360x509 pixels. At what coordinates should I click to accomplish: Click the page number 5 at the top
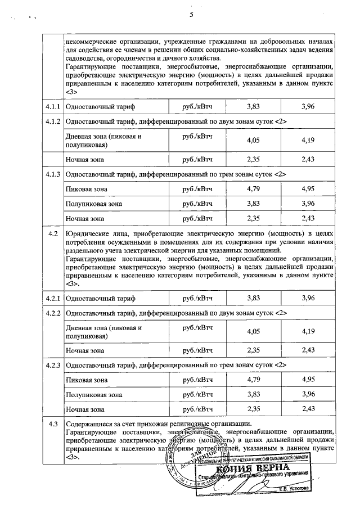coord(191,14)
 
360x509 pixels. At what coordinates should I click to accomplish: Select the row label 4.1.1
coord(54,106)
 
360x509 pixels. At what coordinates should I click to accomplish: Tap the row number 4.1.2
coord(54,121)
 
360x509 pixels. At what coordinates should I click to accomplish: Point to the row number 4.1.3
coord(54,174)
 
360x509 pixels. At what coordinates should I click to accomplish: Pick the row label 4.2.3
coord(54,364)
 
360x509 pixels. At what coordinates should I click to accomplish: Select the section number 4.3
coord(54,424)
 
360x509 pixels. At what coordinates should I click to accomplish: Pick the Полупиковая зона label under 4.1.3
coord(94,204)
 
